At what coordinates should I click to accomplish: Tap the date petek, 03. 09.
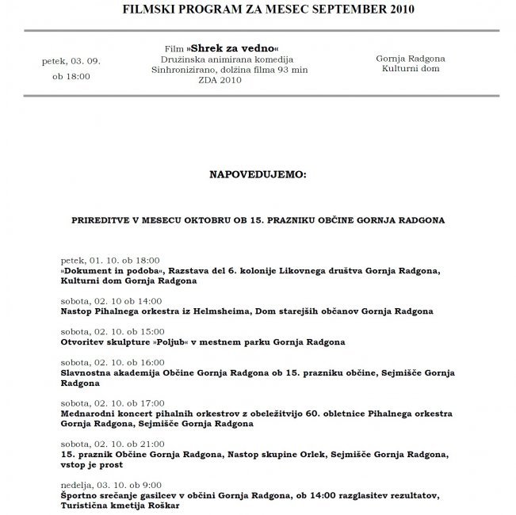(x=71, y=60)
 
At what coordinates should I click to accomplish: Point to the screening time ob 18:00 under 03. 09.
(x=71, y=76)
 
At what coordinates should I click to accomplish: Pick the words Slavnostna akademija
(x=107, y=372)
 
